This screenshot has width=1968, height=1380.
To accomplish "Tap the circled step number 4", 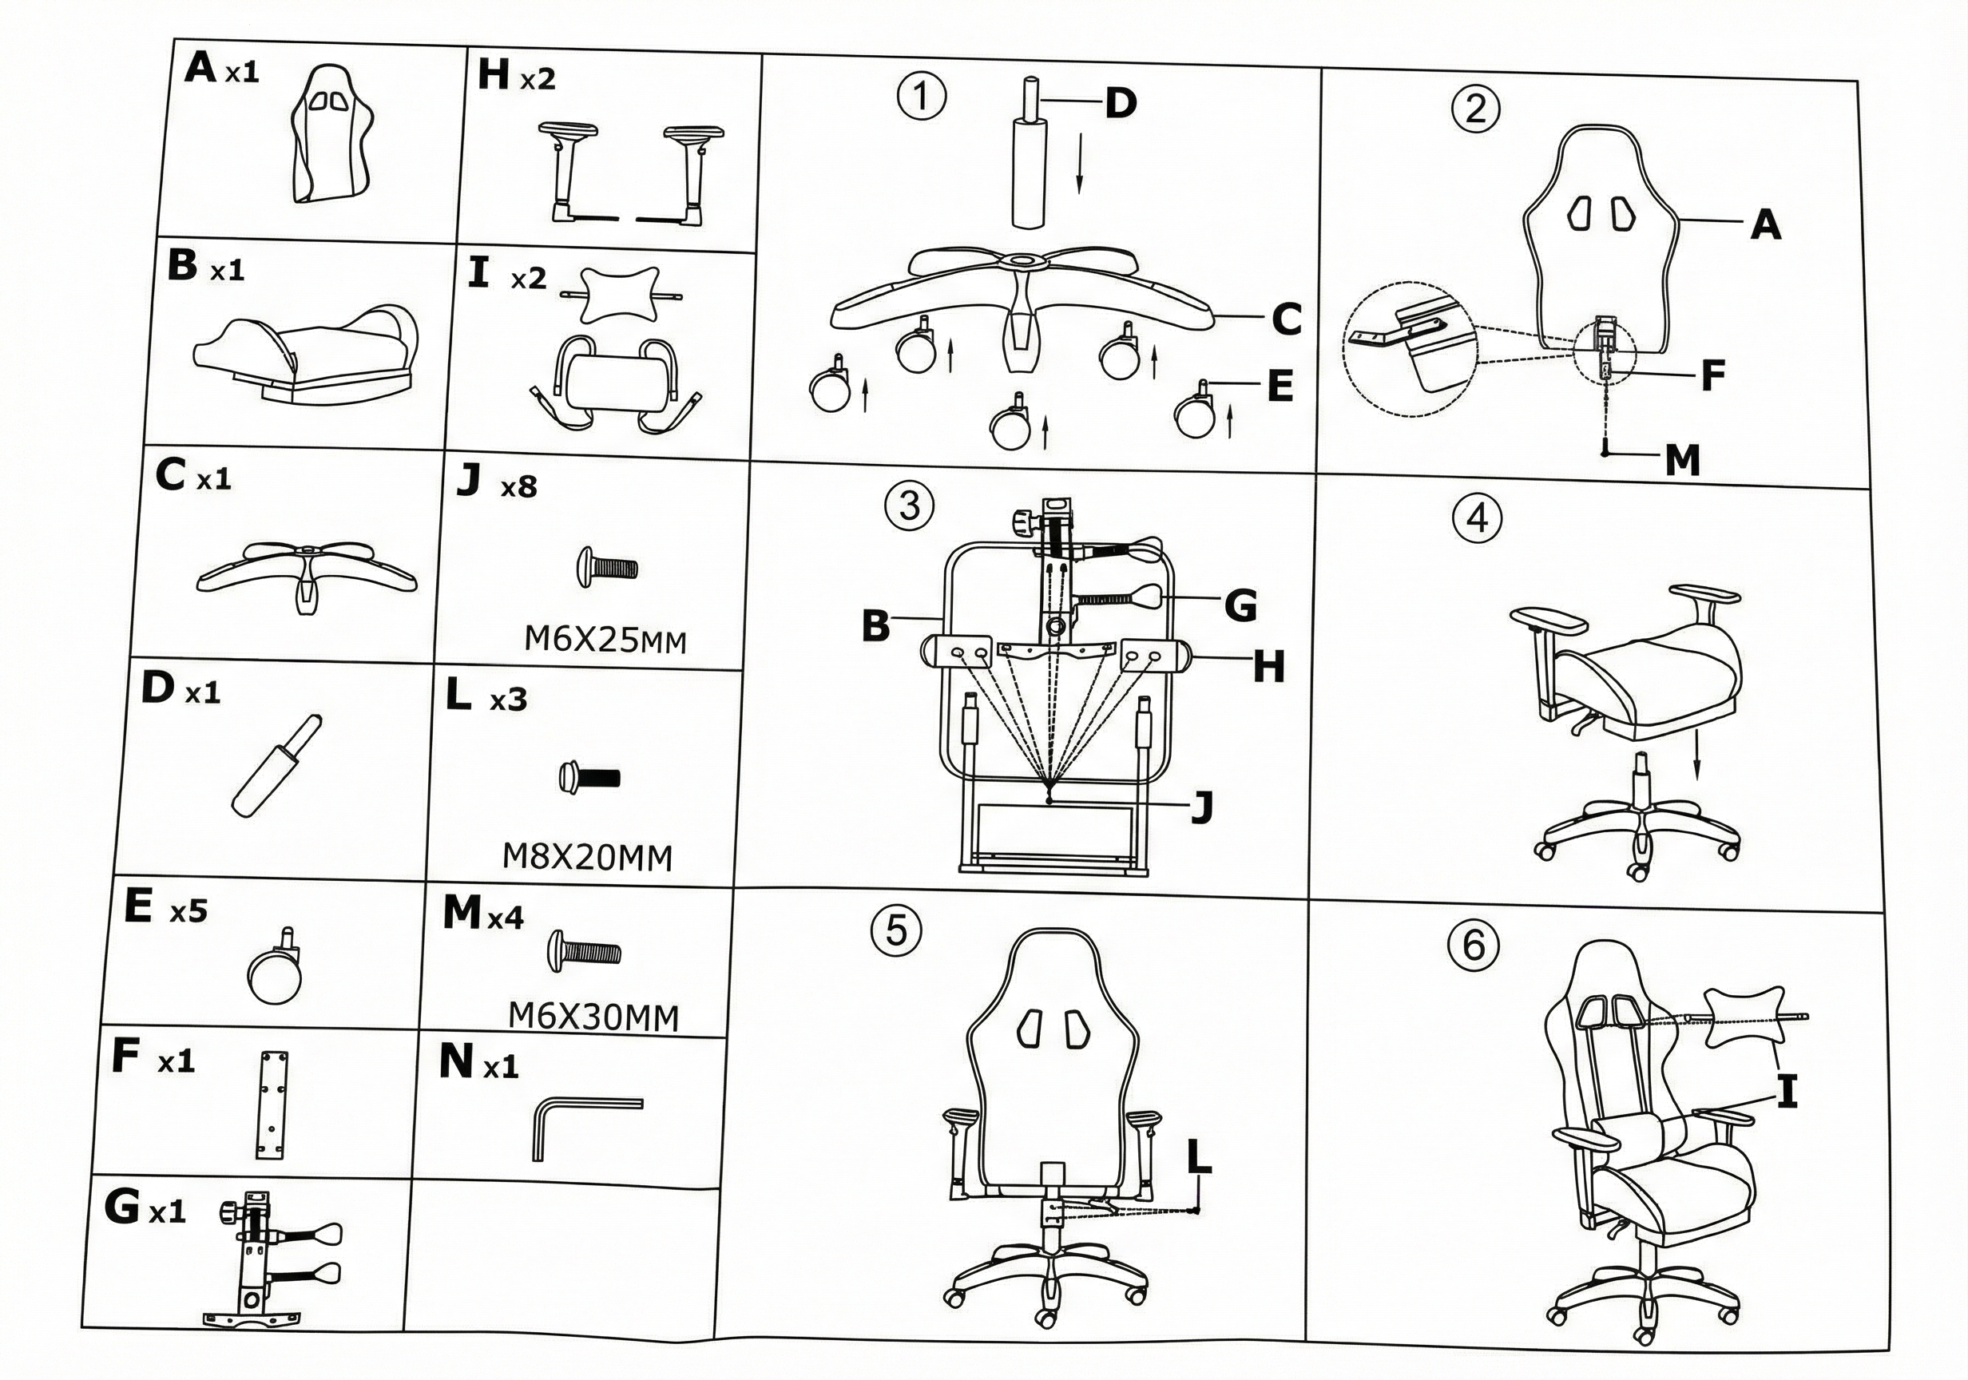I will click(1478, 517).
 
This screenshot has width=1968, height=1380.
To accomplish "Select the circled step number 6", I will click(1473, 945).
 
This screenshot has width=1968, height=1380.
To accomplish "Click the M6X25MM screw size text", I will click(605, 640).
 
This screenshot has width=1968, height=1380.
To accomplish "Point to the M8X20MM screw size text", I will click(587, 856).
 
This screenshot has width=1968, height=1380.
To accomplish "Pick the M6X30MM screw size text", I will click(593, 1017).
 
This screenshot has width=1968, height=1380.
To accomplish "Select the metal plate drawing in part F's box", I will click(272, 1106).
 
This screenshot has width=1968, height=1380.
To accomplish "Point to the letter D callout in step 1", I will click(1121, 103).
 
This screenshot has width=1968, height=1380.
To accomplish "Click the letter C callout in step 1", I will click(1286, 319).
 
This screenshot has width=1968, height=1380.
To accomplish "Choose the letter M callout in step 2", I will click(1682, 460).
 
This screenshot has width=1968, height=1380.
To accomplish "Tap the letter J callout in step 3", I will click(1203, 806).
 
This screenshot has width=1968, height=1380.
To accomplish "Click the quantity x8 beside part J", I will click(518, 488).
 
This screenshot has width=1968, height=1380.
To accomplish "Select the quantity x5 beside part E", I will click(188, 911).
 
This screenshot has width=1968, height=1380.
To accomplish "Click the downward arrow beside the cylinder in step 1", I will click(1079, 163).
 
